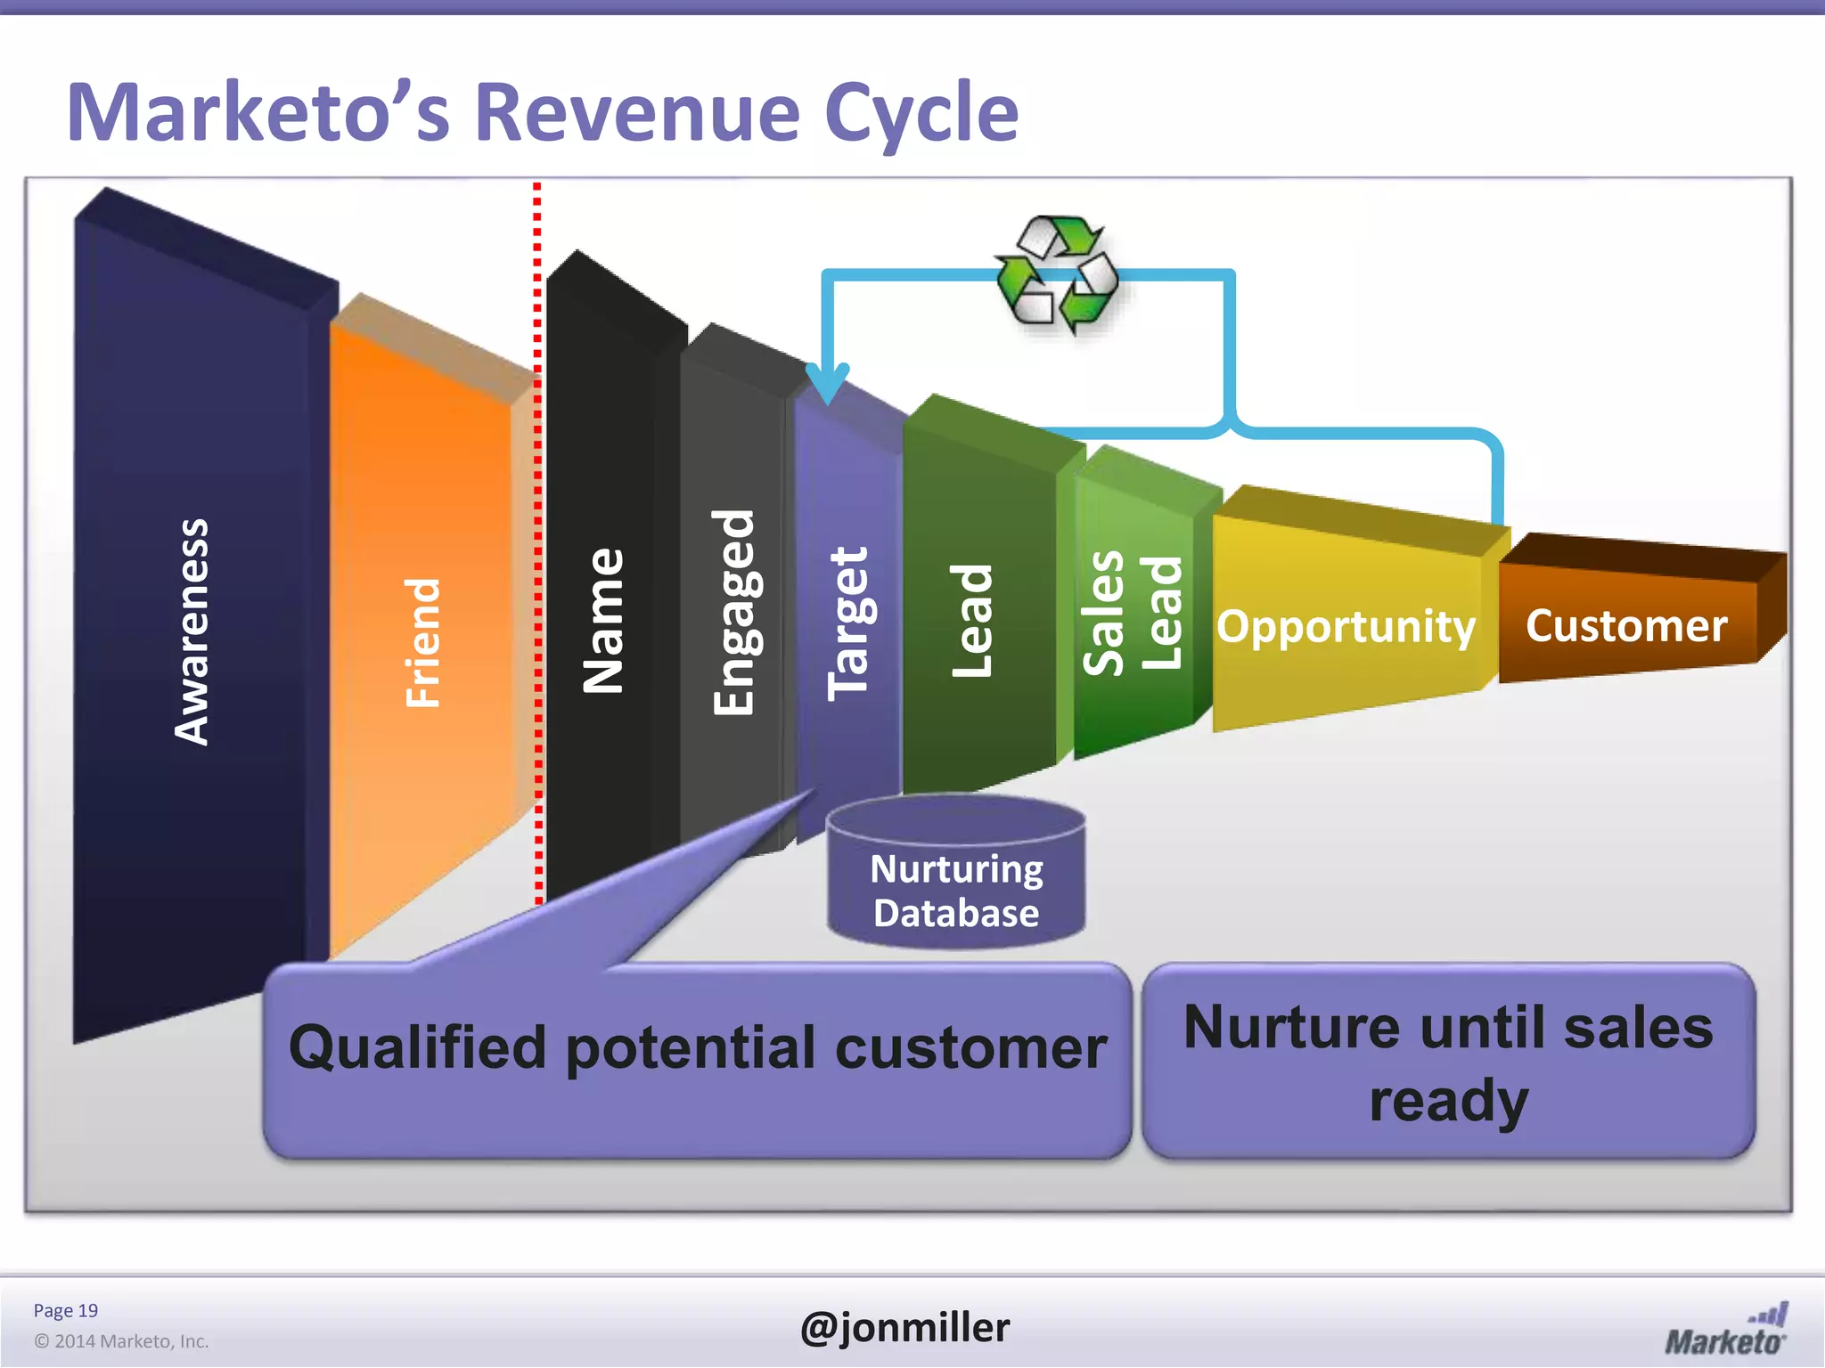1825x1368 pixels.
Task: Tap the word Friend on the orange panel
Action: click(422, 643)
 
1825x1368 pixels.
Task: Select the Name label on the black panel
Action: click(603, 621)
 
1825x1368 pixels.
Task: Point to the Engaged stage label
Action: click(734, 612)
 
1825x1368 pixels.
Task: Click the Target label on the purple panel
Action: click(847, 623)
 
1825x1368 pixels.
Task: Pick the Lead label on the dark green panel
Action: click(971, 620)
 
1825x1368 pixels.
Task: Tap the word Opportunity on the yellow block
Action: click(1346, 626)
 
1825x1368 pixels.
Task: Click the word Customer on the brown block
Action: click(1626, 625)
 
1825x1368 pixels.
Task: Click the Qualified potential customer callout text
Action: click(698, 1047)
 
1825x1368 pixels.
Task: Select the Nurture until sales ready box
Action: click(1448, 1063)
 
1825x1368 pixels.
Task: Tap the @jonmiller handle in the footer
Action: click(904, 1327)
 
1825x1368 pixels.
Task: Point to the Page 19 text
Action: click(65, 1310)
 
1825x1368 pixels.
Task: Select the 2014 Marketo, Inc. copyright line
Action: click(121, 1341)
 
